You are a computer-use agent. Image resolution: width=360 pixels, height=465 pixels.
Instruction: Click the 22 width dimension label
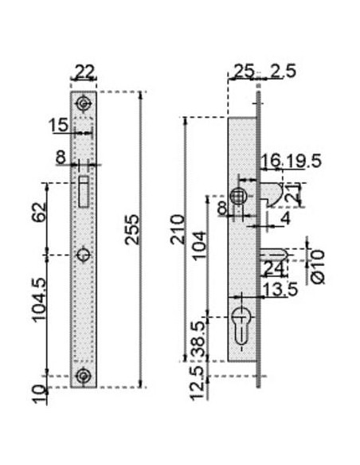tap(84, 72)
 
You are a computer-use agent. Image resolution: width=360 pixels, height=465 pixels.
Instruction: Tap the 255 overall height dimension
tap(132, 229)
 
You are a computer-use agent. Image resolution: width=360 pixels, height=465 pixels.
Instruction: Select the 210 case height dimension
tap(178, 229)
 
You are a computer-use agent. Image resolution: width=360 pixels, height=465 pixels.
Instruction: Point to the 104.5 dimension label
tap(39, 300)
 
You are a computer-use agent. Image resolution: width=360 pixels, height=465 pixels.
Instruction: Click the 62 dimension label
tap(39, 212)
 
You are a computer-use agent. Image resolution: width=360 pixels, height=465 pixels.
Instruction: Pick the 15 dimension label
tap(58, 125)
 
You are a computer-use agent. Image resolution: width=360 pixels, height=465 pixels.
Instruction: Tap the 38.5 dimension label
tap(198, 339)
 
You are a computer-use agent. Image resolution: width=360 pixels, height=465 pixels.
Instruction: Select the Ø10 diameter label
tap(318, 267)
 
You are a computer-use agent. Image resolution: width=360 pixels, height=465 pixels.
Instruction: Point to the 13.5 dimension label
tap(280, 290)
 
